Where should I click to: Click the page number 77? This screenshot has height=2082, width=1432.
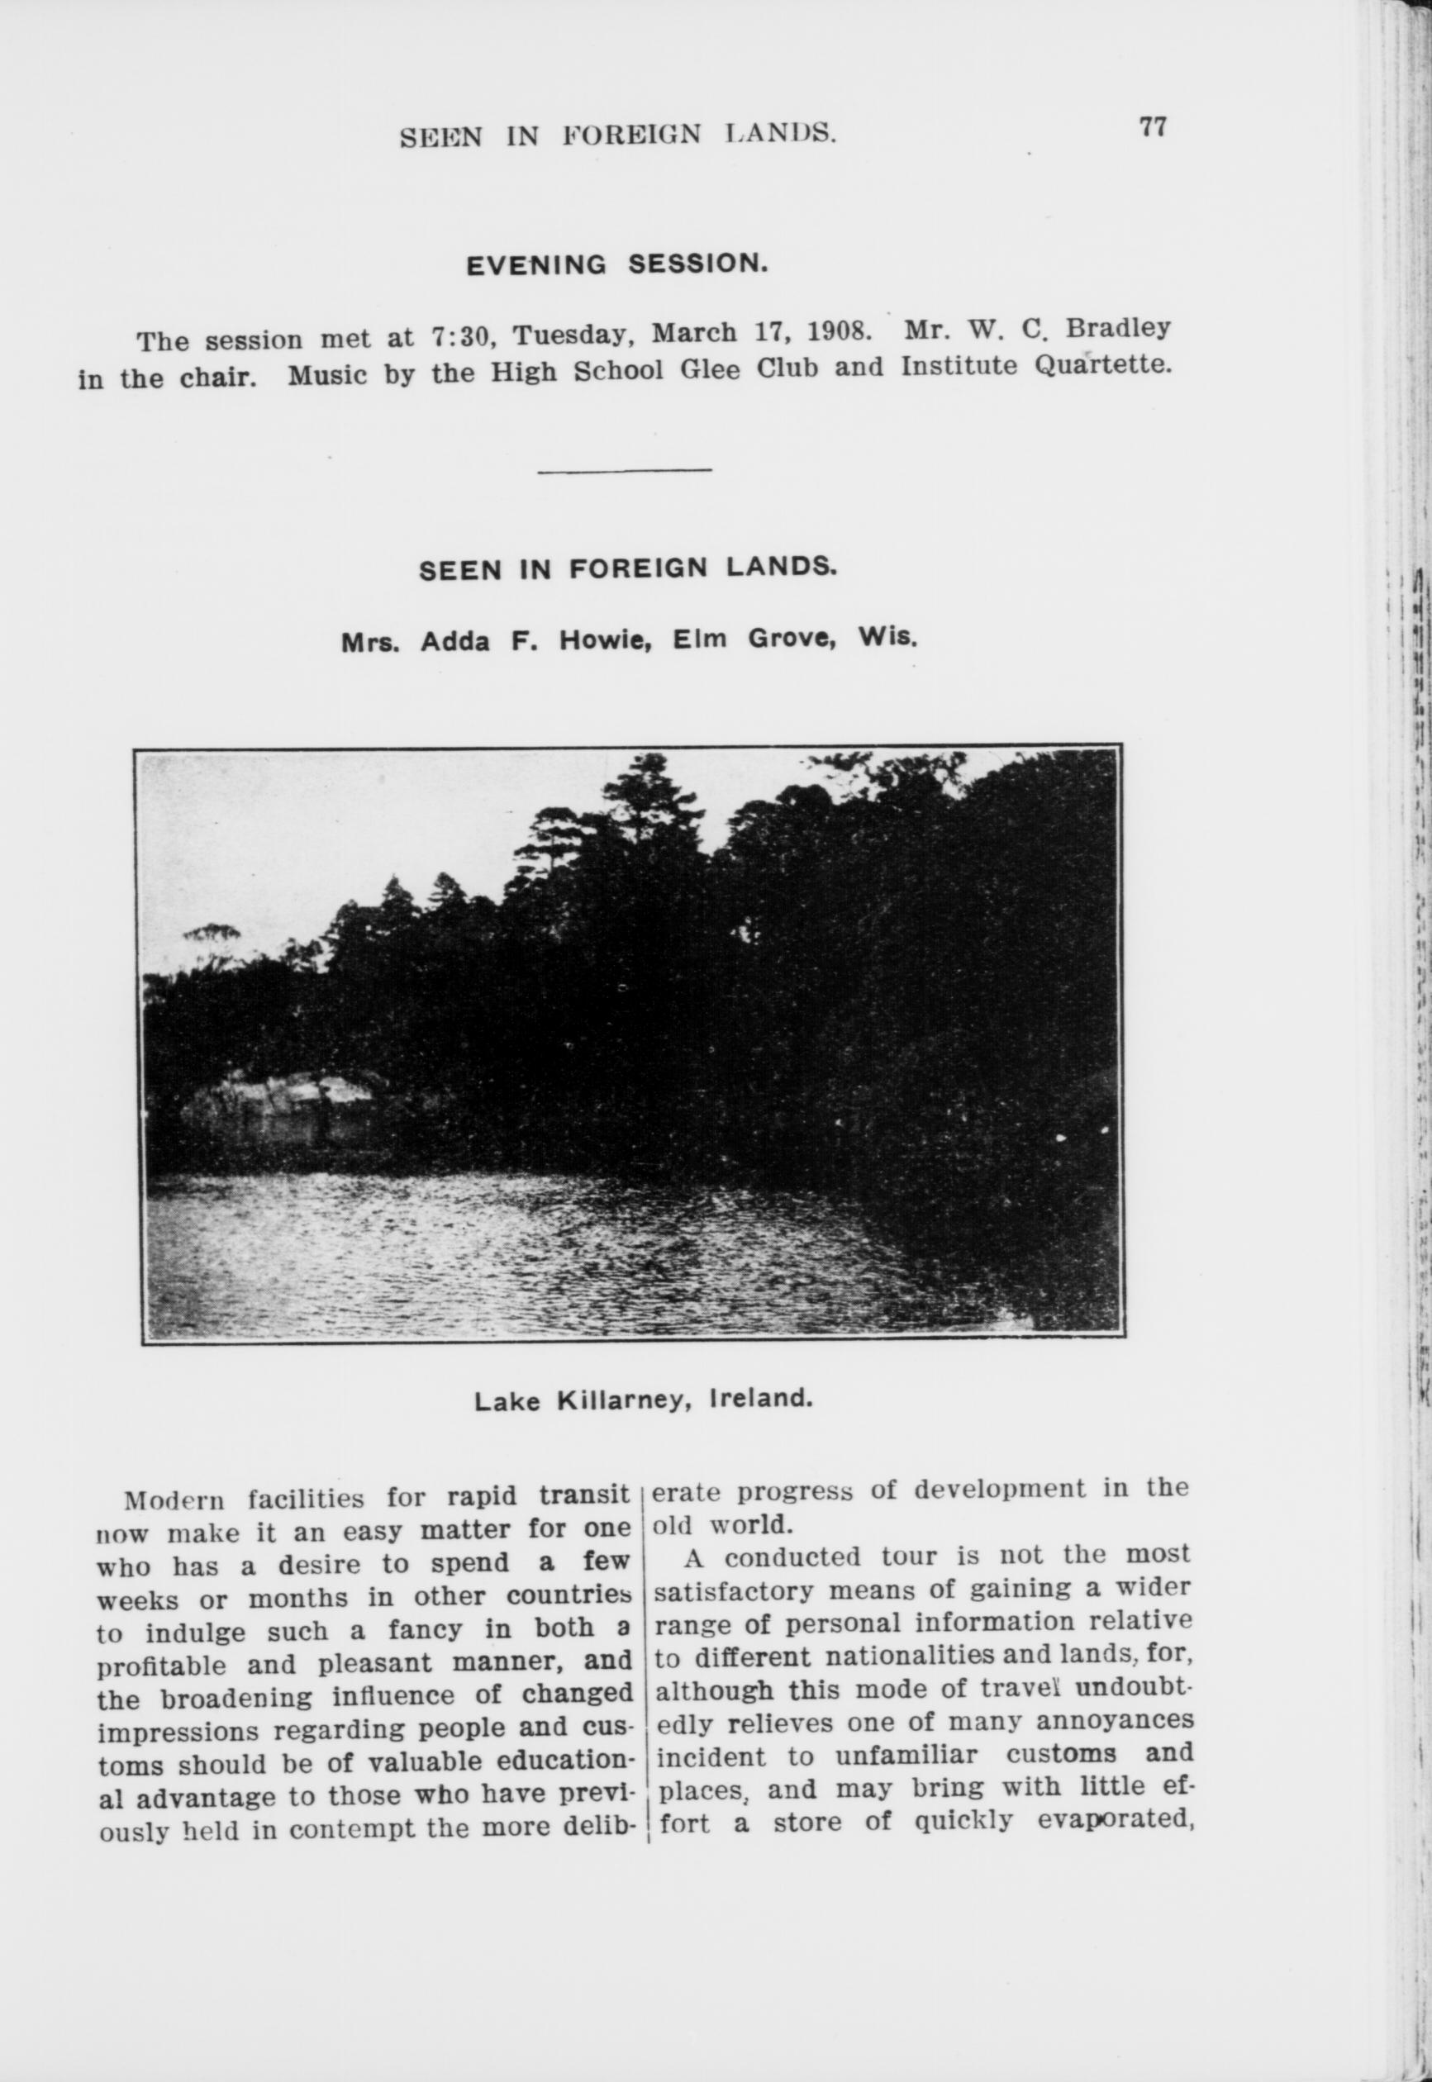click(1152, 127)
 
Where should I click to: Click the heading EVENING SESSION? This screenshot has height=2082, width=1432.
click(617, 264)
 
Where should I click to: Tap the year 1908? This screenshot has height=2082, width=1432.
click(838, 331)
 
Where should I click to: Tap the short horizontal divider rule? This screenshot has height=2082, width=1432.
click(625, 469)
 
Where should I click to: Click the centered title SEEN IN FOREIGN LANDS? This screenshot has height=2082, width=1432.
click(627, 568)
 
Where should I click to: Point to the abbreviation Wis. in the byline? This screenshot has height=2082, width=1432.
click(887, 638)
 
